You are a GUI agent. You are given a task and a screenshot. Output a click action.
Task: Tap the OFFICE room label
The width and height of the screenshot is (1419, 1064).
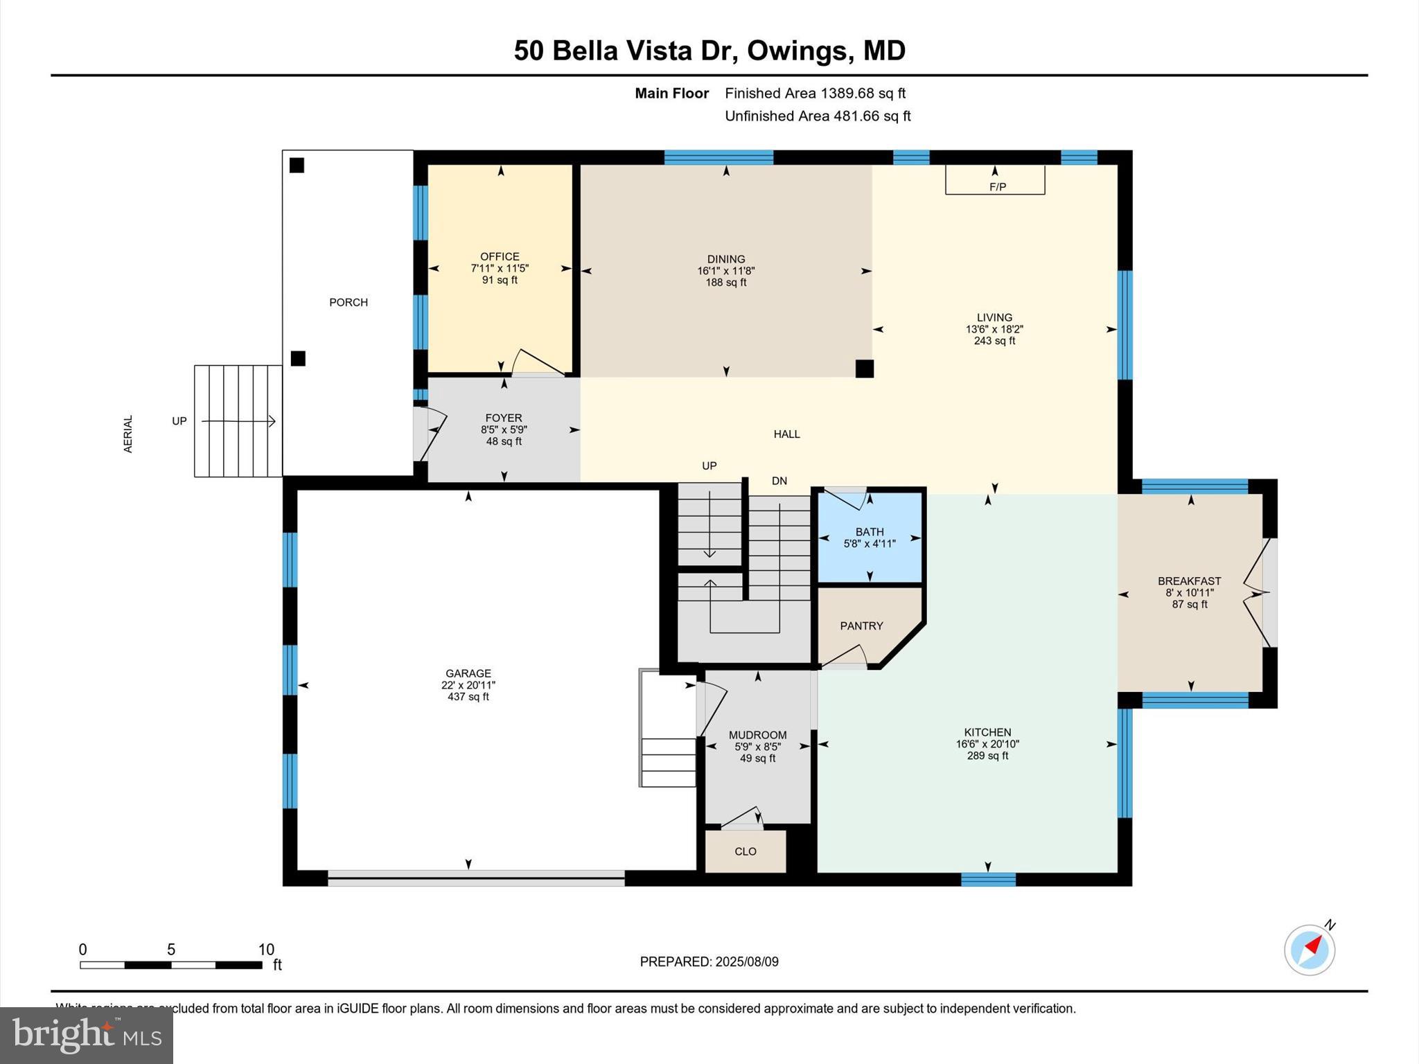[500, 256]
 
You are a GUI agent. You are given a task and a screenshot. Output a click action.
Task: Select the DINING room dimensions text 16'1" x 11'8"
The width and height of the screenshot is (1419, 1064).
[725, 271]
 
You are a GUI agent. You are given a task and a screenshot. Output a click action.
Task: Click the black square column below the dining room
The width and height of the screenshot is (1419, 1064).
[864, 369]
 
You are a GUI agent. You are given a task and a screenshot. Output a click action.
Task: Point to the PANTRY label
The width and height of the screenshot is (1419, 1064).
[861, 626]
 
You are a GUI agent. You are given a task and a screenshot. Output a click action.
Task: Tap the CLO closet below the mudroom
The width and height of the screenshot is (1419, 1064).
[746, 851]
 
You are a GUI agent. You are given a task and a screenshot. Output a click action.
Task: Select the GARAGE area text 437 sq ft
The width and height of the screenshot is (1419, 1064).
[468, 697]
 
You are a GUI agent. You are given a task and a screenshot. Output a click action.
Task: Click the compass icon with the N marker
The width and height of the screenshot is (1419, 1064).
[1309, 950]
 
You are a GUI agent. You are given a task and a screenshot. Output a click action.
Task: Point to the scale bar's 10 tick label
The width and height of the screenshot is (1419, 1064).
[266, 950]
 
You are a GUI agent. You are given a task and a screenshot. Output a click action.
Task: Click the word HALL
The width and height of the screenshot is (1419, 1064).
[786, 434]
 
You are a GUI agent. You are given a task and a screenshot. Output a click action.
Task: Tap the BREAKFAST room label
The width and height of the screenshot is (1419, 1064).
[1189, 581]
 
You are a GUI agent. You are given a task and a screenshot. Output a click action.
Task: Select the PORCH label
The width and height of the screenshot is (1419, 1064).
[349, 302]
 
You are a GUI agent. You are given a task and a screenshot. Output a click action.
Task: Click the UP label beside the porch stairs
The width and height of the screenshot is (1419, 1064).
[179, 421]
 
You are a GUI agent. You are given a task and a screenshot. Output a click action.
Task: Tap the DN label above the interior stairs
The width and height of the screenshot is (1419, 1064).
[779, 481]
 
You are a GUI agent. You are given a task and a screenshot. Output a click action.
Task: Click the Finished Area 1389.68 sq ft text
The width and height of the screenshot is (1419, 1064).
[815, 93]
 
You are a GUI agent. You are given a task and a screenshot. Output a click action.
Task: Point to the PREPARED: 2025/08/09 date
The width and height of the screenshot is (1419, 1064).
[709, 961]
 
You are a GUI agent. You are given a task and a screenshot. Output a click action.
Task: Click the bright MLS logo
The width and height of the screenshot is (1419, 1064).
[87, 1036]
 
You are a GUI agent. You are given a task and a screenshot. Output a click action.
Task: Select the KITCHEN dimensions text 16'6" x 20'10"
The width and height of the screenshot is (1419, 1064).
[987, 744]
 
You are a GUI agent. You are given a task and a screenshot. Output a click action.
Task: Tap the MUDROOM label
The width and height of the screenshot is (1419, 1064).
[757, 735]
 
